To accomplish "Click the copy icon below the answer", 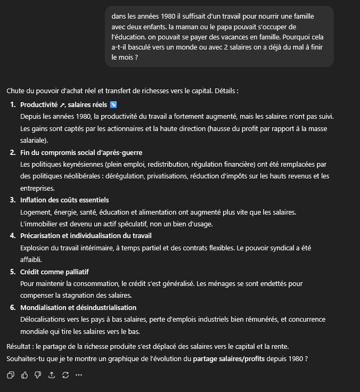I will [11, 375].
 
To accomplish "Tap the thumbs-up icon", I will [24, 375].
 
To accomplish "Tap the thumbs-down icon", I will [38, 375].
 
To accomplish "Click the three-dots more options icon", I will [79, 375].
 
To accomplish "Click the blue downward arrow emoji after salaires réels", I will [113, 104].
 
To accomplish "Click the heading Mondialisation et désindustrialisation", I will [78, 307].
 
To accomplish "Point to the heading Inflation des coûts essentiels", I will [64, 200].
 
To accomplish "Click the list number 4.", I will [13, 235].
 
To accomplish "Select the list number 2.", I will [13, 152].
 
